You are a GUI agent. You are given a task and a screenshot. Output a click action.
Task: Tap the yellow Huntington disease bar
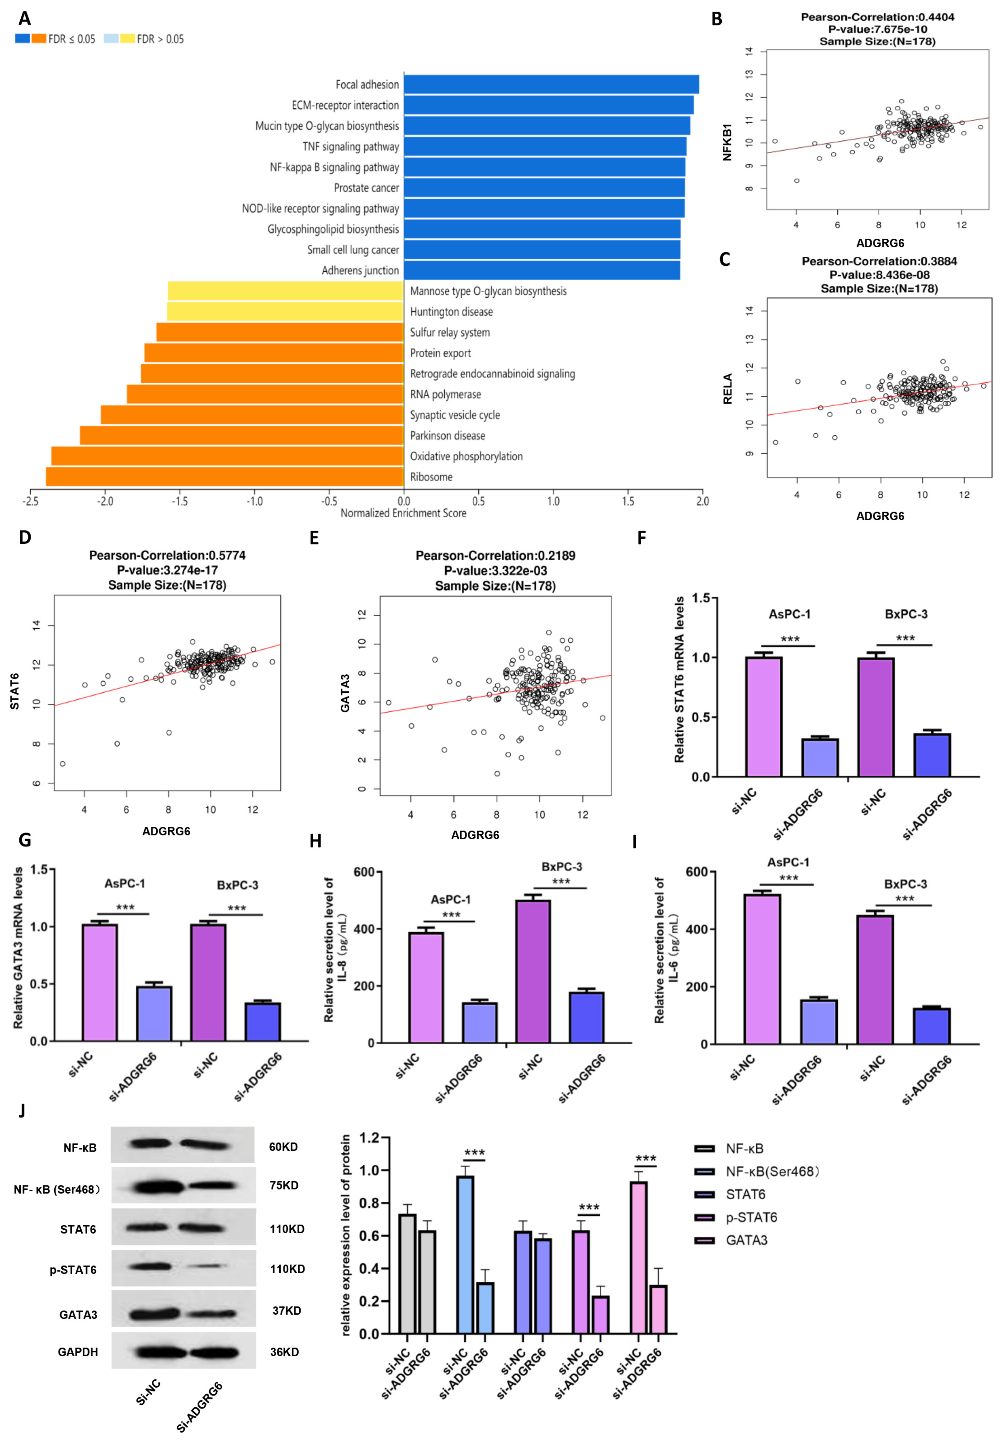[x=285, y=312]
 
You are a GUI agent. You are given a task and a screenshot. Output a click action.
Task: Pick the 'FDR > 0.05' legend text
[x=160, y=39]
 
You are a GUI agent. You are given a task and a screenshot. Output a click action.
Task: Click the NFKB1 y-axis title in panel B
[x=727, y=142]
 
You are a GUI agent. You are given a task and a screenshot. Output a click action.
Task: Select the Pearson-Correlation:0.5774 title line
[x=167, y=555]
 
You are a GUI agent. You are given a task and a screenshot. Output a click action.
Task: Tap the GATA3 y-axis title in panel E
[x=344, y=693]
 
